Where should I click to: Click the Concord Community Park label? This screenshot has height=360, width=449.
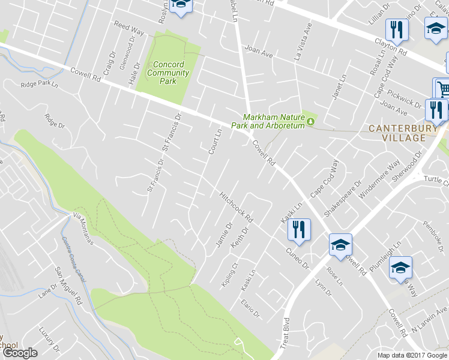click(x=168, y=73)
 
